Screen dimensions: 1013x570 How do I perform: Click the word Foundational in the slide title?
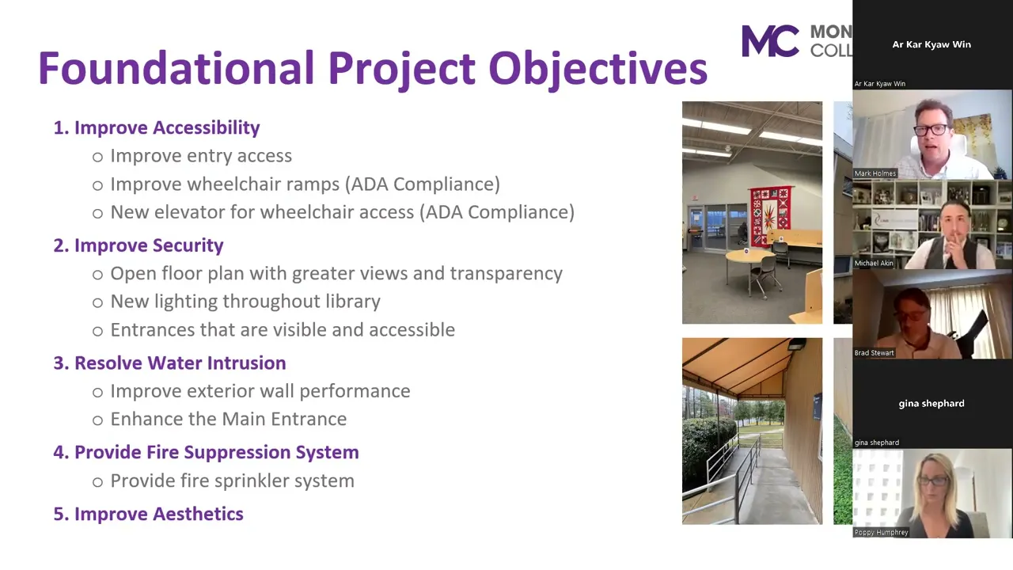(176, 68)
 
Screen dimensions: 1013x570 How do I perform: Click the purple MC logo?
(771, 40)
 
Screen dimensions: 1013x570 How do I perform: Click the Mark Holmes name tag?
(875, 173)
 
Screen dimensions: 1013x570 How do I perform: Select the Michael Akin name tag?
(874, 263)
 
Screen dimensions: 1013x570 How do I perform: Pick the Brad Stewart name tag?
(875, 353)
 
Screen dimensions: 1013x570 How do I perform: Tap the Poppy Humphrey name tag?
(882, 533)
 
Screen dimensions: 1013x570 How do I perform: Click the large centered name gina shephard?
(931, 403)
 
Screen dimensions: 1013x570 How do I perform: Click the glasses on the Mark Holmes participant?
(931, 130)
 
